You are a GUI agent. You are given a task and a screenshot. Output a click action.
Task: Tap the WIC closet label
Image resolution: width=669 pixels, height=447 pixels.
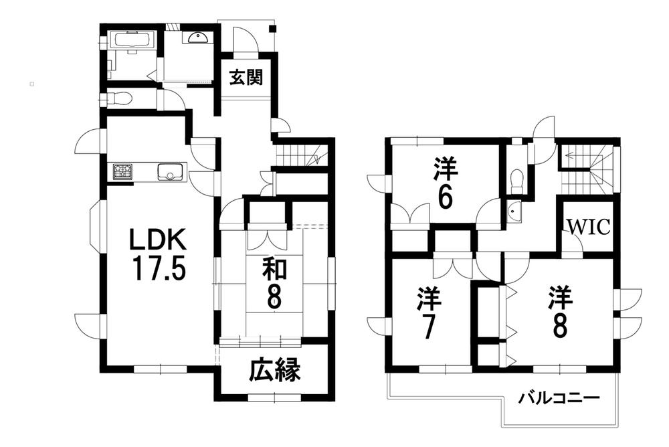pos(589,227)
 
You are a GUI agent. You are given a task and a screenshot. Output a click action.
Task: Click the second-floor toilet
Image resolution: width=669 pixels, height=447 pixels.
pos(516,179)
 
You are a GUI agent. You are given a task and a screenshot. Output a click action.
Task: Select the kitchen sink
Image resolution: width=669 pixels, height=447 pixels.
pos(169,173)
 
